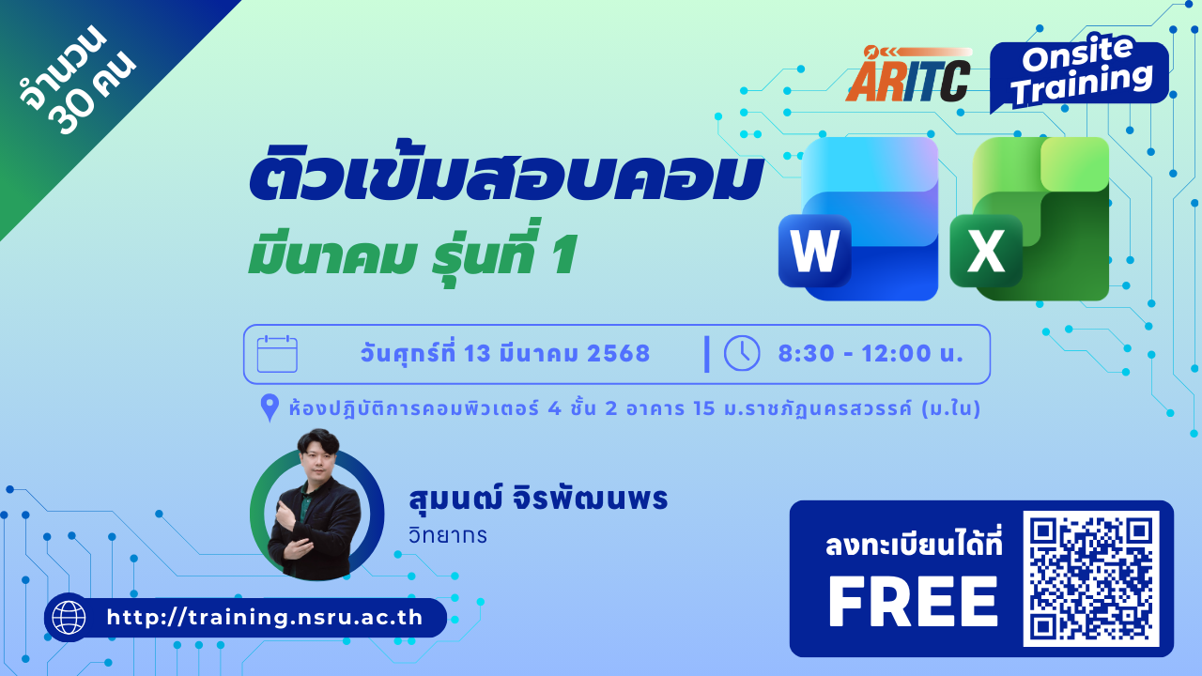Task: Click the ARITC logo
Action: (908, 74)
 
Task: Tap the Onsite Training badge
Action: (1079, 72)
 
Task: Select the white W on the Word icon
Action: (814, 250)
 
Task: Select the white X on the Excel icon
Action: (986, 250)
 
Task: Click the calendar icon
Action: (277, 354)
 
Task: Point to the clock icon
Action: (742, 353)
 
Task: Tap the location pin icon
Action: (270, 407)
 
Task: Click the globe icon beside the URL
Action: (69, 618)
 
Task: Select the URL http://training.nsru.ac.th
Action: (265, 618)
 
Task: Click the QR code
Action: (1091, 578)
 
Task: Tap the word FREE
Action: (913, 602)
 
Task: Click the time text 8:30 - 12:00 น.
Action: (871, 354)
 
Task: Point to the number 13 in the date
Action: (478, 354)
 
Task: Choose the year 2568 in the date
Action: (618, 354)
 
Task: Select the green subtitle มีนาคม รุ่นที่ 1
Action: (412, 253)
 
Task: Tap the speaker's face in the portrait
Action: (318, 457)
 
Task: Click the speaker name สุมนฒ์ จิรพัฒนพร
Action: (538, 498)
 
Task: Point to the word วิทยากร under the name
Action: (448, 535)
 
